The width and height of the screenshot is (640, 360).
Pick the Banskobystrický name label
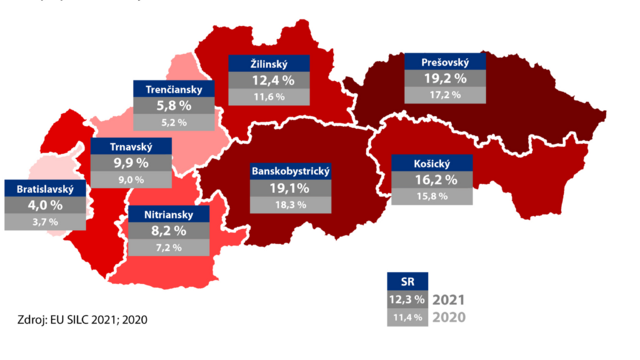click(x=291, y=171)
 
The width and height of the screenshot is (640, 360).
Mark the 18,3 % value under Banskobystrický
click(x=291, y=204)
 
